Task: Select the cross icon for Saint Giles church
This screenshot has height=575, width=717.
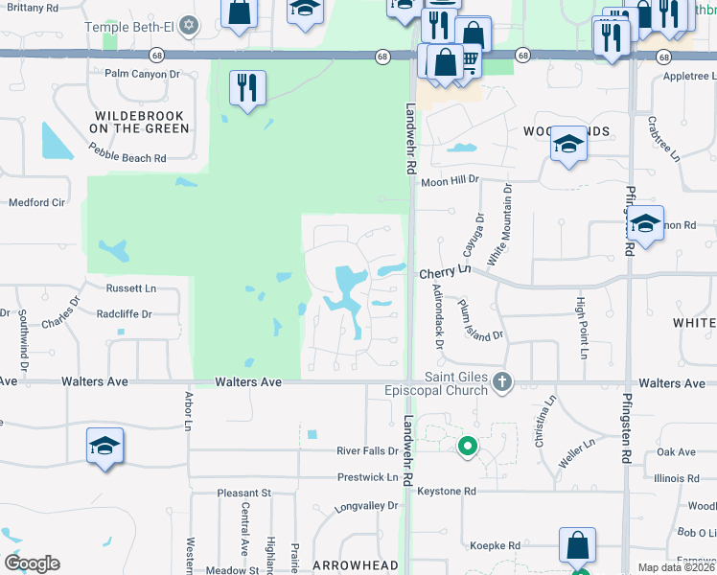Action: pos(501,383)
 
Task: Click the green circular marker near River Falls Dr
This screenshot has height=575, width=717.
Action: pos(468,446)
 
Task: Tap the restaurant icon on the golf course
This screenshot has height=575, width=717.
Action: pos(247,88)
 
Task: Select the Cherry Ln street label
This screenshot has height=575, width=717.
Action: pos(446,273)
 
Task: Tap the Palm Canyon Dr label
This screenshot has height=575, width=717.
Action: pos(143,73)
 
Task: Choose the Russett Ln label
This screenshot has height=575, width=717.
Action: pos(129,287)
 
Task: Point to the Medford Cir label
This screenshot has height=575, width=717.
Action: pos(36,202)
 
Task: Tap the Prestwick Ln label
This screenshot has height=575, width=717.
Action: pos(367,476)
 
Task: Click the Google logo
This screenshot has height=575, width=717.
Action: pos(32,563)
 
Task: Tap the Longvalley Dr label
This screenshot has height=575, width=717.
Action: pos(365,505)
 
